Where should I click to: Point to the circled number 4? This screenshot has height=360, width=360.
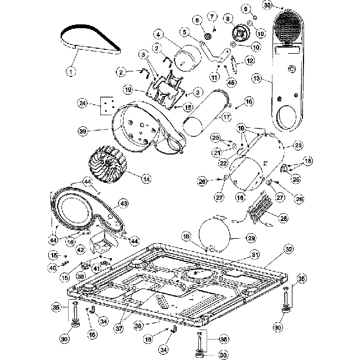(159, 35)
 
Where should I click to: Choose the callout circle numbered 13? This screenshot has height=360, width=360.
(256, 79)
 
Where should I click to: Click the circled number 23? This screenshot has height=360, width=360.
(298, 146)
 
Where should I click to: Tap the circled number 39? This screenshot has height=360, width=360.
(84, 131)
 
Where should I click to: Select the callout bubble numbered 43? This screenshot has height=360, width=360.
(124, 203)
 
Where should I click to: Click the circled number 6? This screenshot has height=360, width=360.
(197, 20)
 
